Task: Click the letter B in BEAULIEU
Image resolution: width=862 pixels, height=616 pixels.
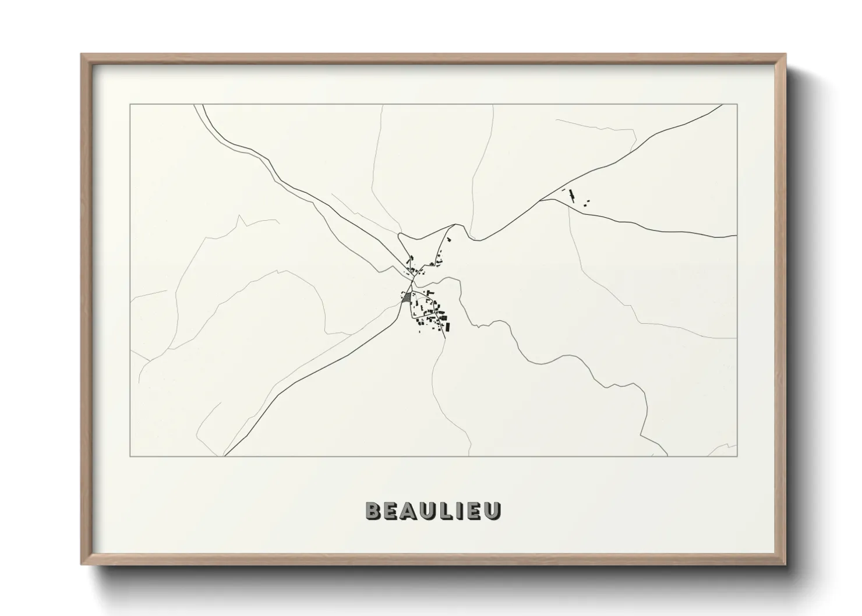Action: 373,510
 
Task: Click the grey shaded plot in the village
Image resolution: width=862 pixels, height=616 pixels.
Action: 407,297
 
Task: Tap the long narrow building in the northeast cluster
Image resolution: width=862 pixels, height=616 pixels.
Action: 571,195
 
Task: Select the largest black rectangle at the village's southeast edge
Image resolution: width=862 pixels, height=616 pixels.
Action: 447,326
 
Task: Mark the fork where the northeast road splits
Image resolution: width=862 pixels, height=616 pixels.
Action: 541,200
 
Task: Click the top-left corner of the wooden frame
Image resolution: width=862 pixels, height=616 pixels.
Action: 82,55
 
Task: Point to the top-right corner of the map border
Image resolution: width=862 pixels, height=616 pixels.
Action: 737,105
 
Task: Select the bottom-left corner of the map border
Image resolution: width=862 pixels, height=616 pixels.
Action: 130,456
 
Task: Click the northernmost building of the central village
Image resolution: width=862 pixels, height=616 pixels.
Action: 448,238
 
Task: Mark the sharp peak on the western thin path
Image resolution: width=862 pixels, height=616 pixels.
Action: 239,216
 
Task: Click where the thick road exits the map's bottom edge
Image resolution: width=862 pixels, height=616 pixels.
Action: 225,456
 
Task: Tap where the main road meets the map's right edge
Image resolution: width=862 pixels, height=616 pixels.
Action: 737,236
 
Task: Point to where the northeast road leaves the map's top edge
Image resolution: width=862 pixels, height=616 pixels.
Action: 722,105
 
